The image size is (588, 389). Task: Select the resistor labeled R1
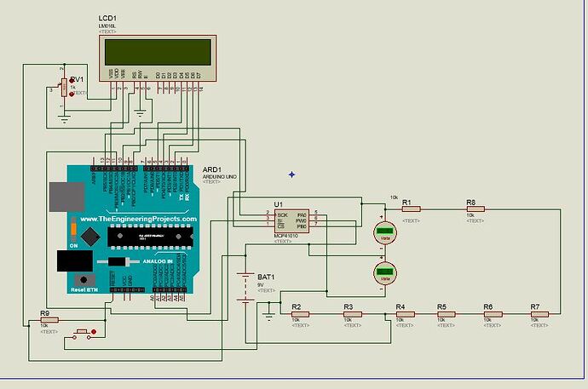pyautogui.click(x=411, y=209)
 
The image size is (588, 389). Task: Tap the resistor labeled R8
pyautogui.click(x=475, y=209)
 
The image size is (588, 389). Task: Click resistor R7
pyautogui.click(x=538, y=314)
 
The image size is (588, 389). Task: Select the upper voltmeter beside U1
pyautogui.click(x=384, y=232)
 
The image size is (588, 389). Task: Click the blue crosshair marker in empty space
pyautogui.click(x=291, y=174)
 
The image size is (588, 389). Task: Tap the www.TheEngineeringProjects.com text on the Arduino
pyautogui.click(x=138, y=220)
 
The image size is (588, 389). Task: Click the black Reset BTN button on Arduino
pyautogui.click(x=84, y=279)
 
